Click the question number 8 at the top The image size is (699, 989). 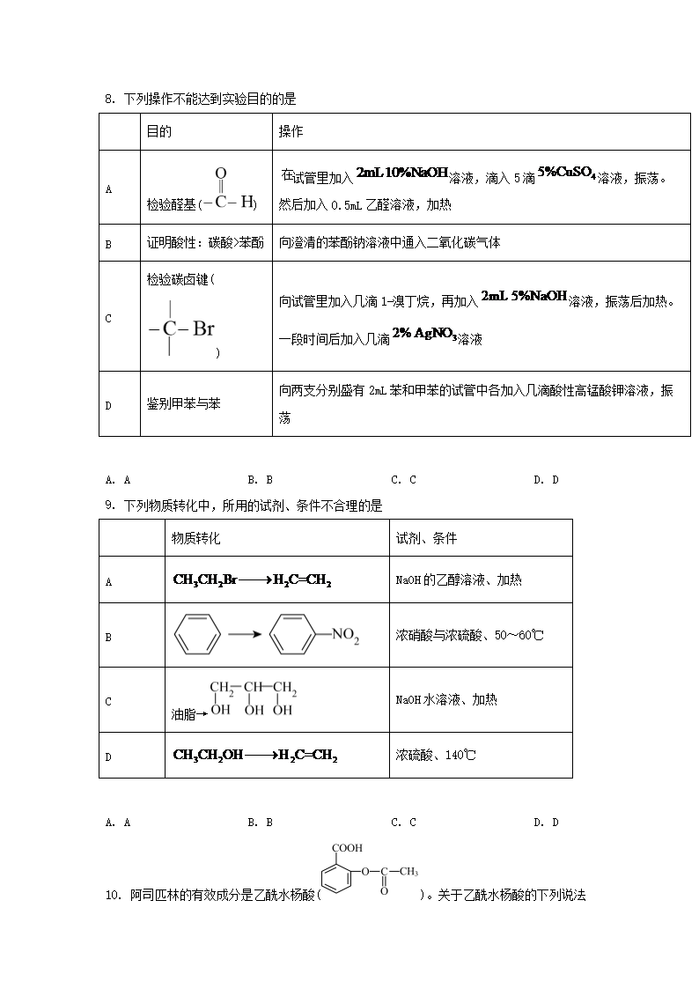[x=108, y=100]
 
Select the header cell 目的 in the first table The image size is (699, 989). [x=158, y=132]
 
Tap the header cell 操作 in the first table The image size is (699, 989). [x=291, y=132]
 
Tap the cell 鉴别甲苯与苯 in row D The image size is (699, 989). [x=183, y=404]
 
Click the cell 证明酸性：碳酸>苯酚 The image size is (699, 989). [x=205, y=243]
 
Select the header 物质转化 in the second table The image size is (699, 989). [x=195, y=538]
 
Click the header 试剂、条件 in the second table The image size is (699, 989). [x=426, y=538]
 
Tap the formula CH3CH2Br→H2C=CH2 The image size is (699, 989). [x=252, y=580]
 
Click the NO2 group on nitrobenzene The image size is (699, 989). [x=344, y=637]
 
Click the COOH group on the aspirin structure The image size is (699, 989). [x=347, y=849]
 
